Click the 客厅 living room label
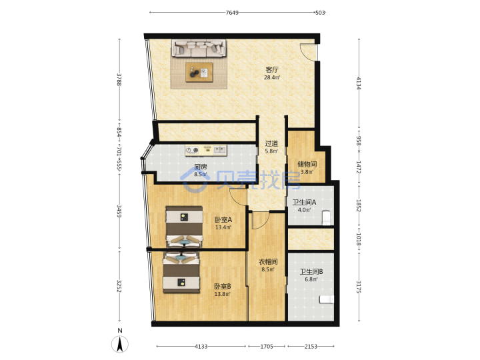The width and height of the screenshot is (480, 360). pyautogui.click(x=272, y=70)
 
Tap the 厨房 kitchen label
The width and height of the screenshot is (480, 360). pyautogui.click(x=201, y=167)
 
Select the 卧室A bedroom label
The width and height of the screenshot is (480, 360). pyautogui.click(x=223, y=219)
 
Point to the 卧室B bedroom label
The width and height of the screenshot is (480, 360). pyautogui.click(x=223, y=286)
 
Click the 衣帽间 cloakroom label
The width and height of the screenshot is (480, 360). pyautogui.click(x=268, y=262)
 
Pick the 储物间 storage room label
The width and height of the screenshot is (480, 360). pyautogui.click(x=307, y=164)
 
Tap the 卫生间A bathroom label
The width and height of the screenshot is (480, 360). pyautogui.click(x=304, y=203)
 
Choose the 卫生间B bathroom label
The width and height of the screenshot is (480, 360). pyautogui.click(x=311, y=271)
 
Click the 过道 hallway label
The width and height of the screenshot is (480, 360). pyautogui.click(x=271, y=143)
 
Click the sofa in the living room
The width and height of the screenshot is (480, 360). pyautogui.click(x=199, y=49)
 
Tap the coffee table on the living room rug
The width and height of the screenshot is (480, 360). pyautogui.click(x=199, y=73)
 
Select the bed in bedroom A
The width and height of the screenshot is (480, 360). pyautogui.click(x=184, y=227)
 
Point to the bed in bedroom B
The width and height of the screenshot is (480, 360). pyautogui.click(x=181, y=272)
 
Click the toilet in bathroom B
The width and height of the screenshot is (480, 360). pyautogui.click(x=326, y=299)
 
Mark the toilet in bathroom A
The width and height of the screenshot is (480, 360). pyautogui.click(x=326, y=217)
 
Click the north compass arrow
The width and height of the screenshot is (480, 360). pyautogui.click(x=120, y=344)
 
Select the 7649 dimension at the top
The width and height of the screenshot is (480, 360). pyautogui.click(x=232, y=13)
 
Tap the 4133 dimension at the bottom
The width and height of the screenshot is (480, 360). pyautogui.click(x=201, y=347)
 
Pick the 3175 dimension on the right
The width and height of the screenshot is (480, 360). pyautogui.click(x=359, y=287)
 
